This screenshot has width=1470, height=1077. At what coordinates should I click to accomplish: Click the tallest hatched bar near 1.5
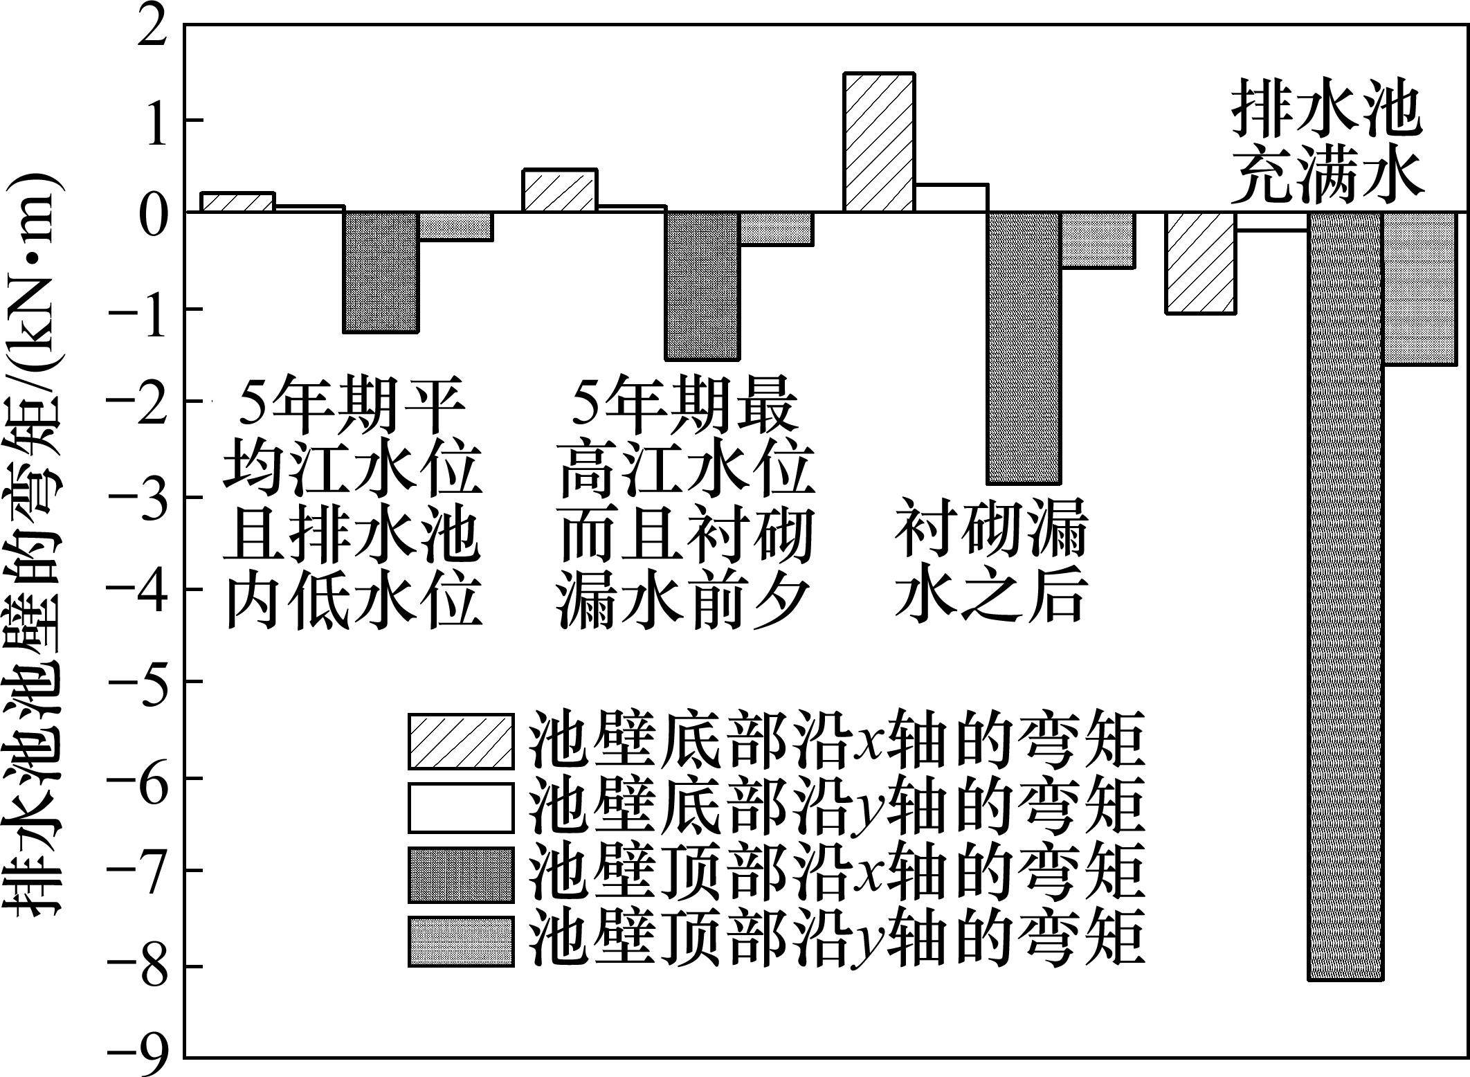click(x=879, y=142)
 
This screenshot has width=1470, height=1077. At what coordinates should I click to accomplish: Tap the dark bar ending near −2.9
click(x=1024, y=347)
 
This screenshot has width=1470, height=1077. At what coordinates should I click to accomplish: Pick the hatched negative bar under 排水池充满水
click(x=1201, y=262)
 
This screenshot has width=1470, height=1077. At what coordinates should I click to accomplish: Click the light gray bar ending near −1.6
click(x=1419, y=288)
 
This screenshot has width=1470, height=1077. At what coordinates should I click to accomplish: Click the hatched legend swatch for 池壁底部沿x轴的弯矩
click(x=460, y=741)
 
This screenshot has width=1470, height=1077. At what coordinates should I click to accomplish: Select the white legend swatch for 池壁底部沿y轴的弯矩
click(x=460, y=807)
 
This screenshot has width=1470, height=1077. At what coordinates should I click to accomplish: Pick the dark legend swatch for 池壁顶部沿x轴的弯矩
click(x=460, y=875)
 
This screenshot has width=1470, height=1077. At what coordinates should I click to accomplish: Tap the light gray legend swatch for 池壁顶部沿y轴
click(x=460, y=941)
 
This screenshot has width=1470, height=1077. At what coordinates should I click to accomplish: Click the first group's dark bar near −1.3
click(x=381, y=272)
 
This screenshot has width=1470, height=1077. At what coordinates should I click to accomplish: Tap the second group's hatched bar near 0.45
click(x=559, y=190)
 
